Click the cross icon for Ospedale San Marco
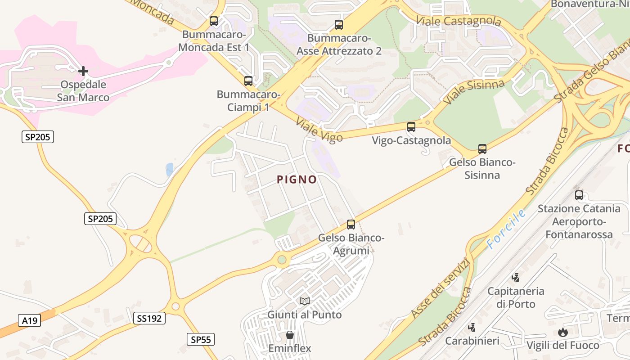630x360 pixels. tap(83, 71)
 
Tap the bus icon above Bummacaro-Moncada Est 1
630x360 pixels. tap(214, 21)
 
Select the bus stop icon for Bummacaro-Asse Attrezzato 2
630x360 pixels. tap(339, 25)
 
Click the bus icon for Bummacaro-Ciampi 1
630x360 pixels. tap(248, 81)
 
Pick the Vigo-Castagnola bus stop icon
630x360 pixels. tap(411, 127)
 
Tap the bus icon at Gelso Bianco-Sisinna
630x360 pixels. tap(482, 148)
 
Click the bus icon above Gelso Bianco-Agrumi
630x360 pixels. tap(351, 224)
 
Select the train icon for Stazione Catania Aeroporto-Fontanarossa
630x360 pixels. tap(579, 195)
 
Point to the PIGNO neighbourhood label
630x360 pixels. tap(297, 180)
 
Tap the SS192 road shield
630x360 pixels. tap(149, 318)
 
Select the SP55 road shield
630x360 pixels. tap(200, 339)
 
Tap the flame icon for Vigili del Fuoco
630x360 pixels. tap(562, 333)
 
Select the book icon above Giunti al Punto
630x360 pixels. tap(305, 301)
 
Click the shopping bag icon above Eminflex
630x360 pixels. tap(290, 335)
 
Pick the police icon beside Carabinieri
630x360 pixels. tap(472, 328)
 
